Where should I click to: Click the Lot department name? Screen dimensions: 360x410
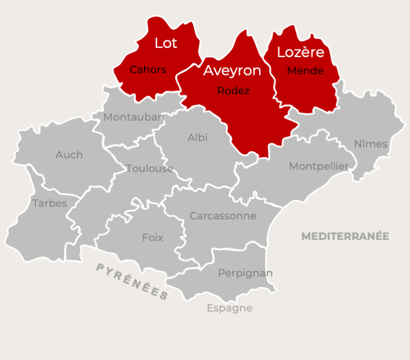[166, 43]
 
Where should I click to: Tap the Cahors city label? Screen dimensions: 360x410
[148, 69]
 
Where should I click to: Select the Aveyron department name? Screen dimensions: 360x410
[232, 71]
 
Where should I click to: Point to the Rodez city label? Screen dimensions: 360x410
[233, 91]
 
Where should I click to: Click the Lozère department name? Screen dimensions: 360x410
[301, 52]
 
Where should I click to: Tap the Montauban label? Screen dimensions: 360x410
[133, 117]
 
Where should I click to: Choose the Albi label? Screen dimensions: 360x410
[198, 138]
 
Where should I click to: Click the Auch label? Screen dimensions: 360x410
[69, 155]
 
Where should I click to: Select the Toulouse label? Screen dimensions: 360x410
[150, 169]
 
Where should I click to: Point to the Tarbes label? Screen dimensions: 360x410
[50, 203]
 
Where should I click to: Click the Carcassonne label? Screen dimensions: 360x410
[223, 216]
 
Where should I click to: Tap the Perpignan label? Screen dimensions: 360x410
[245, 273]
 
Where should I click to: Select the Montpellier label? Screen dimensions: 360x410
[319, 166]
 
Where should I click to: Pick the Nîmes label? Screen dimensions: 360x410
[371, 144]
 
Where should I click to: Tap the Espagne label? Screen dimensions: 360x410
[229, 308]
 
